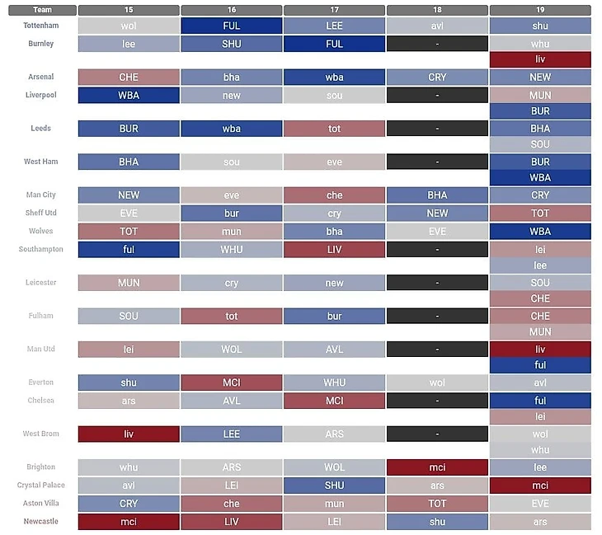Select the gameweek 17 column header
pyautogui.click(x=334, y=10)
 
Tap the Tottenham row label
pyautogui.click(x=38, y=26)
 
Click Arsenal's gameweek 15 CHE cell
pyautogui.click(x=129, y=77)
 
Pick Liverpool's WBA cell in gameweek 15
pyautogui.click(x=129, y=96)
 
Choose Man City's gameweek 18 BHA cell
pyautogui.click(x=437, y=195)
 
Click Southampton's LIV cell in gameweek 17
pyautogui.click(x=334, y=249)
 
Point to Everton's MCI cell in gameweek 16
pyautogui.click(x=232, y=382)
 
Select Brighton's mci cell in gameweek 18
pyautogui.click(x=437, y=467)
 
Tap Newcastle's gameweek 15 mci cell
pyautogui.click(x=129, y=521)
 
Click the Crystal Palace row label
pyautogui.click(x=40, y=486)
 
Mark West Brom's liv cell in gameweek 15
pyautogui.click(x=129, y=434)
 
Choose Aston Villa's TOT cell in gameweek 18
pyautogui.click(x=437, y=503)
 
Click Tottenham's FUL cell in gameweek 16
pyautogui.click(x=232, y=26)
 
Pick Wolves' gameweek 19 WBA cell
pyautogui.click(x=540, y=232)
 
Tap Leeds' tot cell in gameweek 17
pyautogui.click(x=334, y=129)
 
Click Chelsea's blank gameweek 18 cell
pyautogui.click(x=437, y=401)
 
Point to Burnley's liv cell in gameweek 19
pyautogui.click(x=540, y=59)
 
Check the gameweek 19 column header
pyautogui.click(x=540, y=10)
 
